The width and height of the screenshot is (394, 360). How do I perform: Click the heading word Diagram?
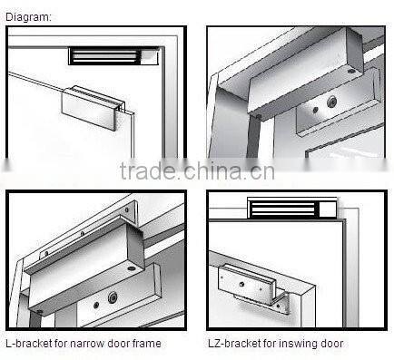(x=28, y=16)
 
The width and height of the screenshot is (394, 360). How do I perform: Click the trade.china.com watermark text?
(x=195, y=172)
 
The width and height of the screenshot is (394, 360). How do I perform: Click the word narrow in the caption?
(x=79, y=344)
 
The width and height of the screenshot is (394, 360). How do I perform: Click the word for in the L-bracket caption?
(x=56, y=344)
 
